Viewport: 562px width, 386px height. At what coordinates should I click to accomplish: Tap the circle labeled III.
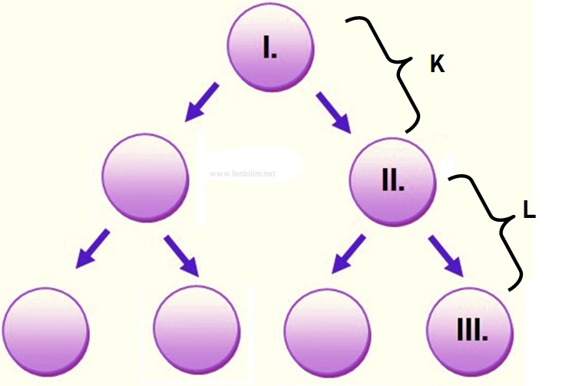(469, 331)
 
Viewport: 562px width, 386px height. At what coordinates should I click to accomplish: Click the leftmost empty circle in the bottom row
(46, 332)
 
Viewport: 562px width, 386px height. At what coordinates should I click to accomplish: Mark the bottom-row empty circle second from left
(196, 332)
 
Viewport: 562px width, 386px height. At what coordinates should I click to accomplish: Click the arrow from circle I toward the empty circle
(200, 104)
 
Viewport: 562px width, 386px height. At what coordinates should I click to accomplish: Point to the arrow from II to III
(446, 256)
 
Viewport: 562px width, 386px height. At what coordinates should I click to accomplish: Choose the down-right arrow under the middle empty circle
(181, 256)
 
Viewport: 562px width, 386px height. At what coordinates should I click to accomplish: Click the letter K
(437, 65)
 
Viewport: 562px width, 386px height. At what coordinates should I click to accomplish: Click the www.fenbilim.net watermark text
(242, 173)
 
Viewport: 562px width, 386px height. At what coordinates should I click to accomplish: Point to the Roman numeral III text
(470, 332)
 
